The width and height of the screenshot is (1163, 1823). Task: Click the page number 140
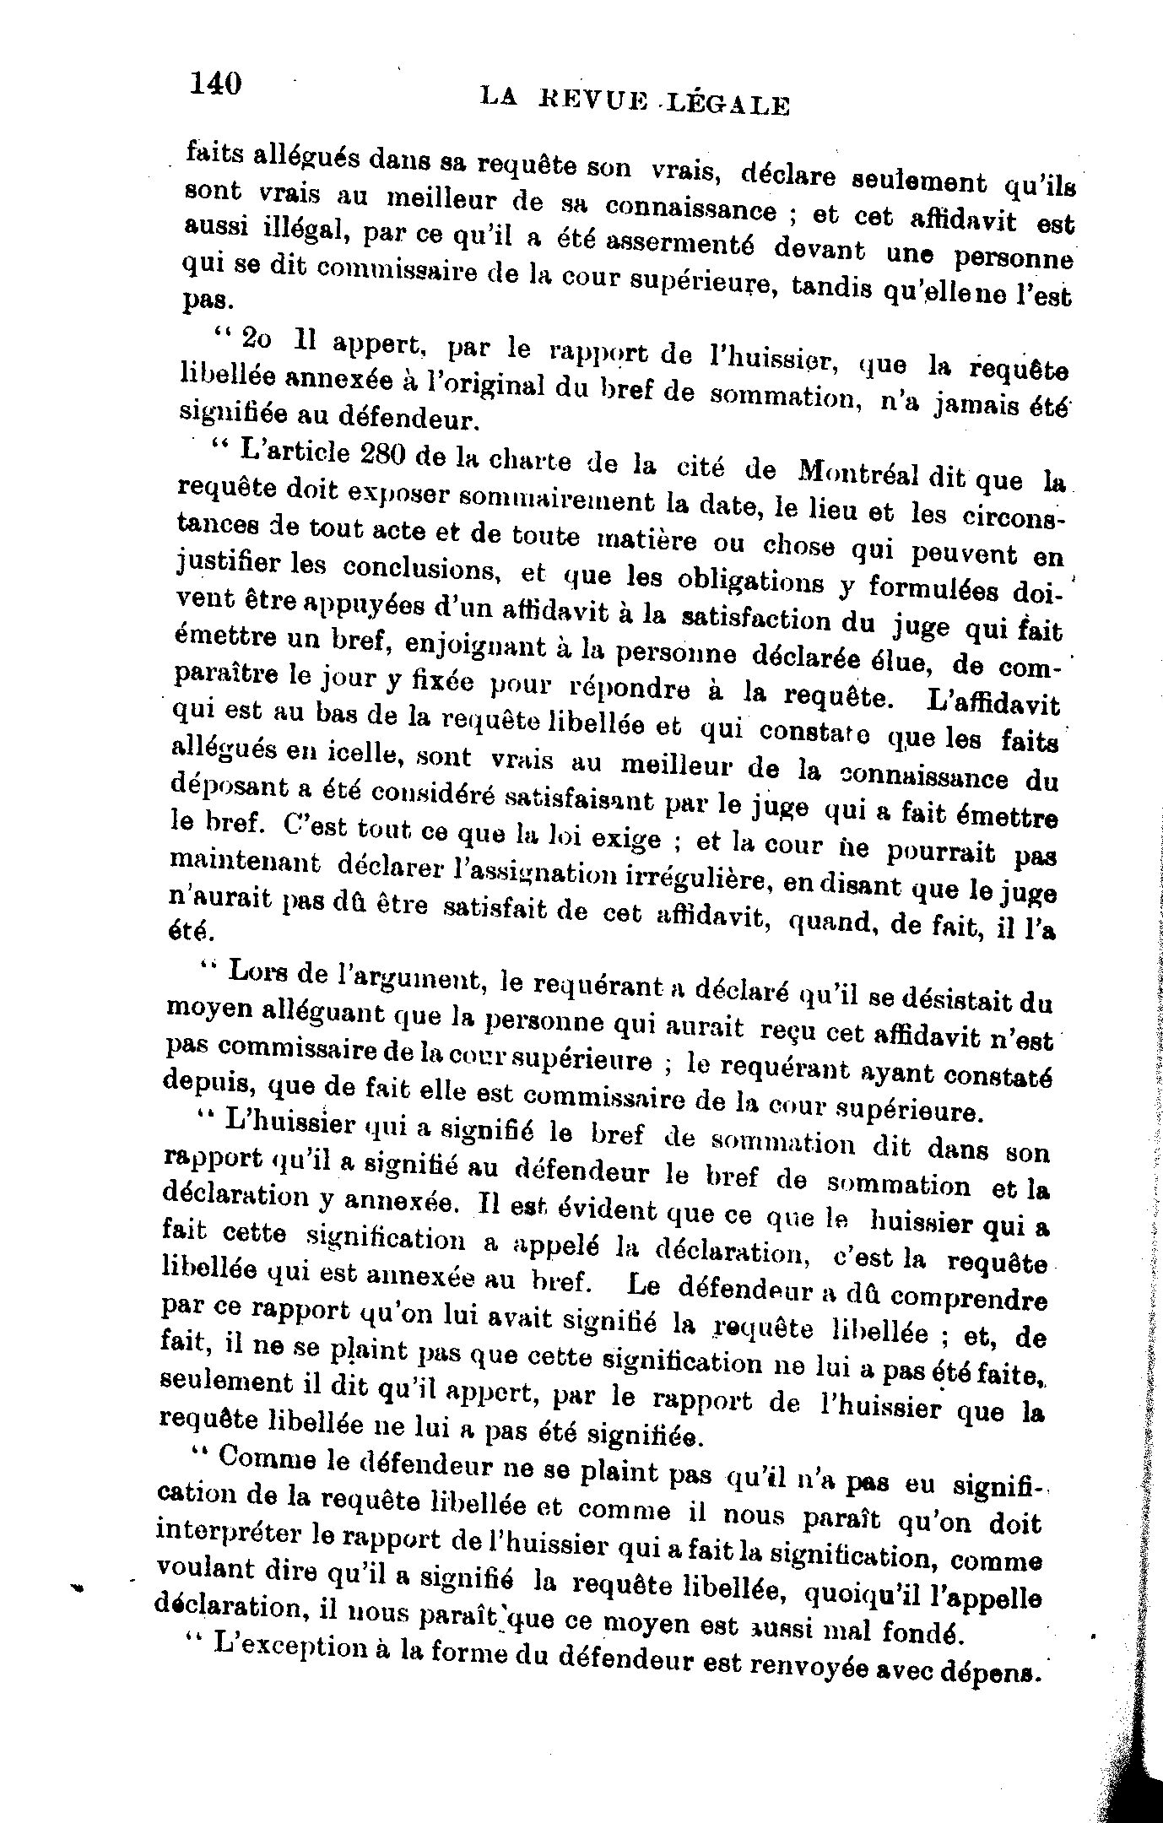pyautogui.click(x=216, y=84)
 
